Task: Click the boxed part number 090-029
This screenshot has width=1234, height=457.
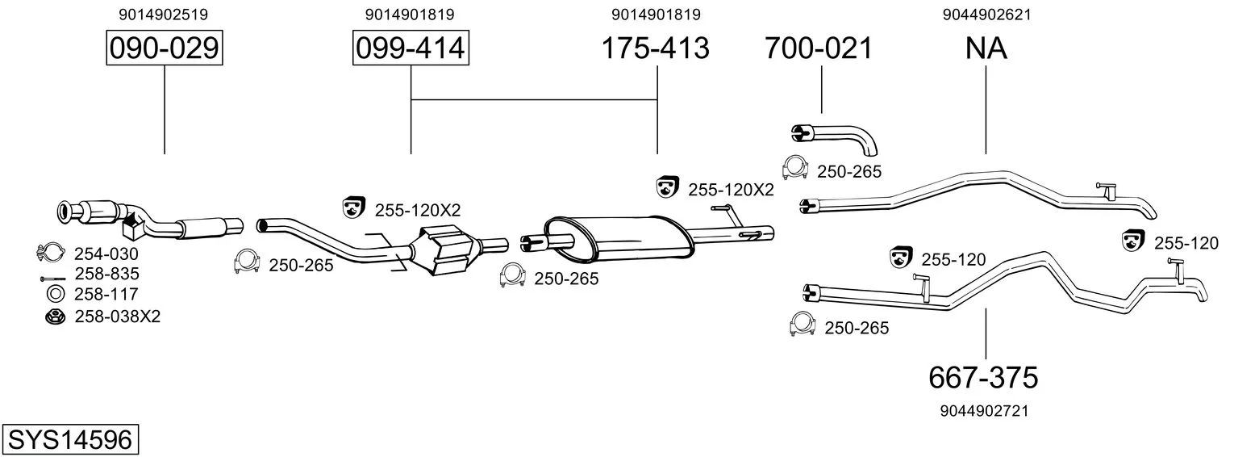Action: point(165,48)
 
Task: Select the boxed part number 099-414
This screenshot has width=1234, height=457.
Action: point(411,48)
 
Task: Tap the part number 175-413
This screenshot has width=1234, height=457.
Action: point(655,48)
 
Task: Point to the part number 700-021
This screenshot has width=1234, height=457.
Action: point(819,48)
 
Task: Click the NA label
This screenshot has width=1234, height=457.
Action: point(986,48)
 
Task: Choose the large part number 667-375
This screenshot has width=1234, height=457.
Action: point(983,378)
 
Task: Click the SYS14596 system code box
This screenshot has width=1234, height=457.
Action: point(70,440)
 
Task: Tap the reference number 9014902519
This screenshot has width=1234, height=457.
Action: point(164,15)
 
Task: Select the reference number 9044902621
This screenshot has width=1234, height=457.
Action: point(986,15)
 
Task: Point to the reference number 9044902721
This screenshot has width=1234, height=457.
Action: point(985,411)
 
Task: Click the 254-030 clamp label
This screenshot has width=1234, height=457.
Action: point(106,254)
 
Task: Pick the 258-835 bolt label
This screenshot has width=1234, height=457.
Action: point(107,274)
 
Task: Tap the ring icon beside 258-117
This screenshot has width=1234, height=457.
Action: point(56,295)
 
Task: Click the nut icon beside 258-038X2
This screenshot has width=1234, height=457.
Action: point(55,317)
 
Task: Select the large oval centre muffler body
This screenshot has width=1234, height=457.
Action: point(618,239)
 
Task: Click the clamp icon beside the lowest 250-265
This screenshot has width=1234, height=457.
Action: point(802,324)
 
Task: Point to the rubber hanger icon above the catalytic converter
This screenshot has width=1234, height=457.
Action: point(354,207)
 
